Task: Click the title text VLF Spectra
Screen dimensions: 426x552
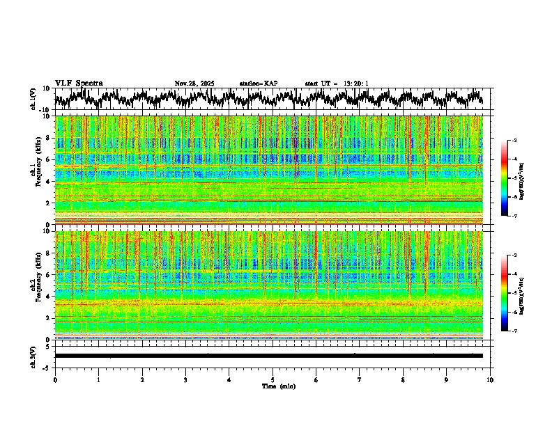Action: [79, 84]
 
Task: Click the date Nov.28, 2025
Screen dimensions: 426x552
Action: [194, 84]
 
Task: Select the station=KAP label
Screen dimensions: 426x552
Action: [259, 84]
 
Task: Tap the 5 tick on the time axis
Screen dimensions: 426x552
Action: [273, 379]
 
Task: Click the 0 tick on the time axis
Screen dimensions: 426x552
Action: [55, 379]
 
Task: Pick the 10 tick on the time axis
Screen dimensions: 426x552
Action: [490, 379]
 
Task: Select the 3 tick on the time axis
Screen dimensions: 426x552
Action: [185, 379]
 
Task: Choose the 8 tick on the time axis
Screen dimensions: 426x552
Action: [403, 379]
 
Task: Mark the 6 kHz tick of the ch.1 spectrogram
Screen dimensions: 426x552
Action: [48, 159]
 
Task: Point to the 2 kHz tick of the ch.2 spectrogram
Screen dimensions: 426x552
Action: [48, 318]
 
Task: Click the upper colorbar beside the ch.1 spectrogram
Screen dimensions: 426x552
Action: [505, 178]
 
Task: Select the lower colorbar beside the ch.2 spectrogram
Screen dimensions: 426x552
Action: [505, 293]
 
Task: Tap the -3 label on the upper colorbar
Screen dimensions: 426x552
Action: [514, 141]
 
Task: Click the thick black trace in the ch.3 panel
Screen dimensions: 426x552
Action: [268, 356]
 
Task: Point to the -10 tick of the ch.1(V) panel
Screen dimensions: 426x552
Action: [46, 110]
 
